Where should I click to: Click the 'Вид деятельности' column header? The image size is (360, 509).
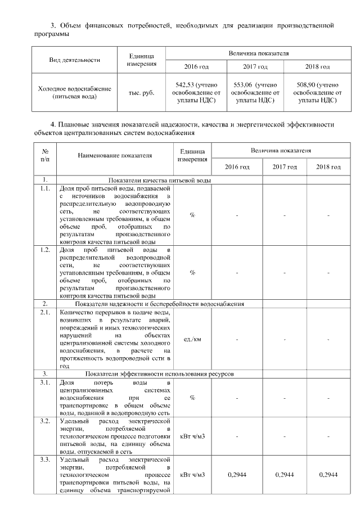point(74,59)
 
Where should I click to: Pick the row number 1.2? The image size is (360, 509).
point(44,249)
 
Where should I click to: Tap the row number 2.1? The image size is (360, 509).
point(44,312)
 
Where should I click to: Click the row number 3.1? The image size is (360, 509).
point(44,382)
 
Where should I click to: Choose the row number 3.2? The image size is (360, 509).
point(44,421)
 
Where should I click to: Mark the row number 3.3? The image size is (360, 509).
point(44,460)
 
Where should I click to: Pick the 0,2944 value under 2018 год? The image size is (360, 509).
point(328,475)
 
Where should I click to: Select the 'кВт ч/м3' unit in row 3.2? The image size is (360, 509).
point(192,436)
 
